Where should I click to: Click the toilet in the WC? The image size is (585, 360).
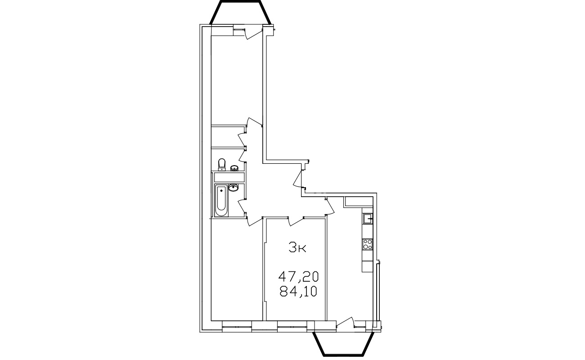click(222, 165)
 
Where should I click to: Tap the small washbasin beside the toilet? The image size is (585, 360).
click(234, 168)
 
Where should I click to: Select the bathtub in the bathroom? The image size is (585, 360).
click(221, 201)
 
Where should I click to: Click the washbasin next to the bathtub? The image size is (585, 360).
click(233, 188)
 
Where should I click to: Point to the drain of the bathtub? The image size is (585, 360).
click(221, 190)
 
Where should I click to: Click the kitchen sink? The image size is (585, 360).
click(368, 218)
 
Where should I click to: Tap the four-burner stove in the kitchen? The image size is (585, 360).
click(368, 244)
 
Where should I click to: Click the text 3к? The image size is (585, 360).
click(297, 247)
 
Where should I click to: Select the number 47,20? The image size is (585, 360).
click(298, 276)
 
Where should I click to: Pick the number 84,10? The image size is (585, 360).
click(298, 291)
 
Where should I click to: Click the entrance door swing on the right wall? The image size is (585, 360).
click(298, 179)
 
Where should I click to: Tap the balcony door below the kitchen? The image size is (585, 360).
click(345, 322)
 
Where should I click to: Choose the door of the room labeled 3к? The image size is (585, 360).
click(296, 221)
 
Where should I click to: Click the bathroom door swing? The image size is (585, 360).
click(243, 207)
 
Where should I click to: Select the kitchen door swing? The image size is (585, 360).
click(330, 206)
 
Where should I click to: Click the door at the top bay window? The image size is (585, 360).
click(254, 34)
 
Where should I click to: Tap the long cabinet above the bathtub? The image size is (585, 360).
click(229, 177)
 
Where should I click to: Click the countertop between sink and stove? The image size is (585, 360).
click(368, 231)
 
